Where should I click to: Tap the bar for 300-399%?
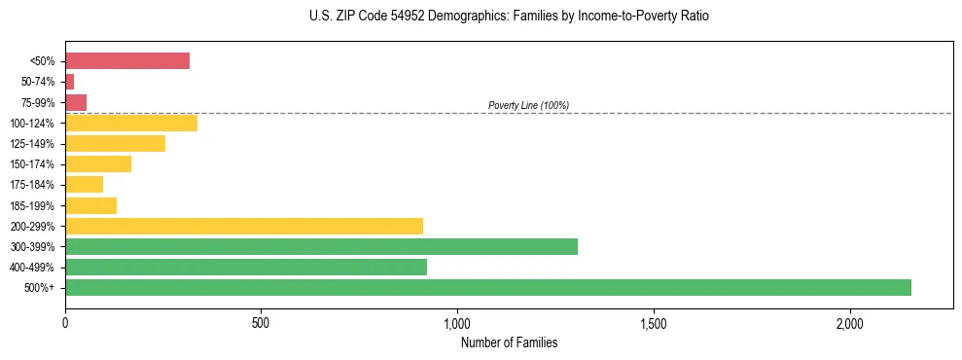pos(321,246)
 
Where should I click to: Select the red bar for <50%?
pos(127,61)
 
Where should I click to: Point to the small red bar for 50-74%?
pos(70,82)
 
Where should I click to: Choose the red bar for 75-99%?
pos(76,102)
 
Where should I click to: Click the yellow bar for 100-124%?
pos(131,123)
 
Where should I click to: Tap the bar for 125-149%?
pos(115,143)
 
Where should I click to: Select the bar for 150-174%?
pos(98,163)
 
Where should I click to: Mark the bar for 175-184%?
pos(84,184)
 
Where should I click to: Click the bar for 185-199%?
pos(90,205)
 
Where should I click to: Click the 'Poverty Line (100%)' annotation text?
pos(528,105)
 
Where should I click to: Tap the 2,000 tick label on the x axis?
pos(849,322)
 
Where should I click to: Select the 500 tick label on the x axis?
pos(261,322)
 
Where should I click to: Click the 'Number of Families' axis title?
pos(509,342)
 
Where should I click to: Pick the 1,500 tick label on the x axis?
pos(653,322)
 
